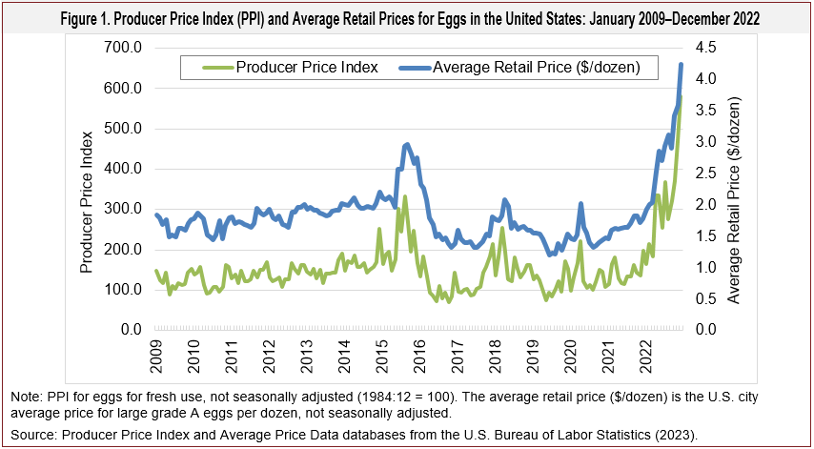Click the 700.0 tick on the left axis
coord(124,48)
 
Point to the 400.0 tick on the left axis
coord(124,169)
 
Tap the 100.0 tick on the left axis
coord(124,290)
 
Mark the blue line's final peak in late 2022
coord(681,64)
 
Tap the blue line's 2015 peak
coord(407,144)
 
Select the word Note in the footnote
coord(26,396)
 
